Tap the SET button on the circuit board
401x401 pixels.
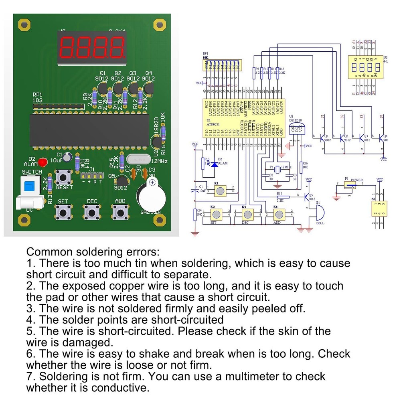[63, 210]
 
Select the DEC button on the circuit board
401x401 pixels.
[91, 210]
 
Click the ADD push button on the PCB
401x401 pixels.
[120, 210]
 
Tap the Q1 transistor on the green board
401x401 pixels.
[103, 86]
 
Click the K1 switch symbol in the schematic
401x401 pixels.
[219, 191]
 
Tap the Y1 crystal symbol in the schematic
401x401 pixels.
[277, 167]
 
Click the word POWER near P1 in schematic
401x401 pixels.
[356, 180]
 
